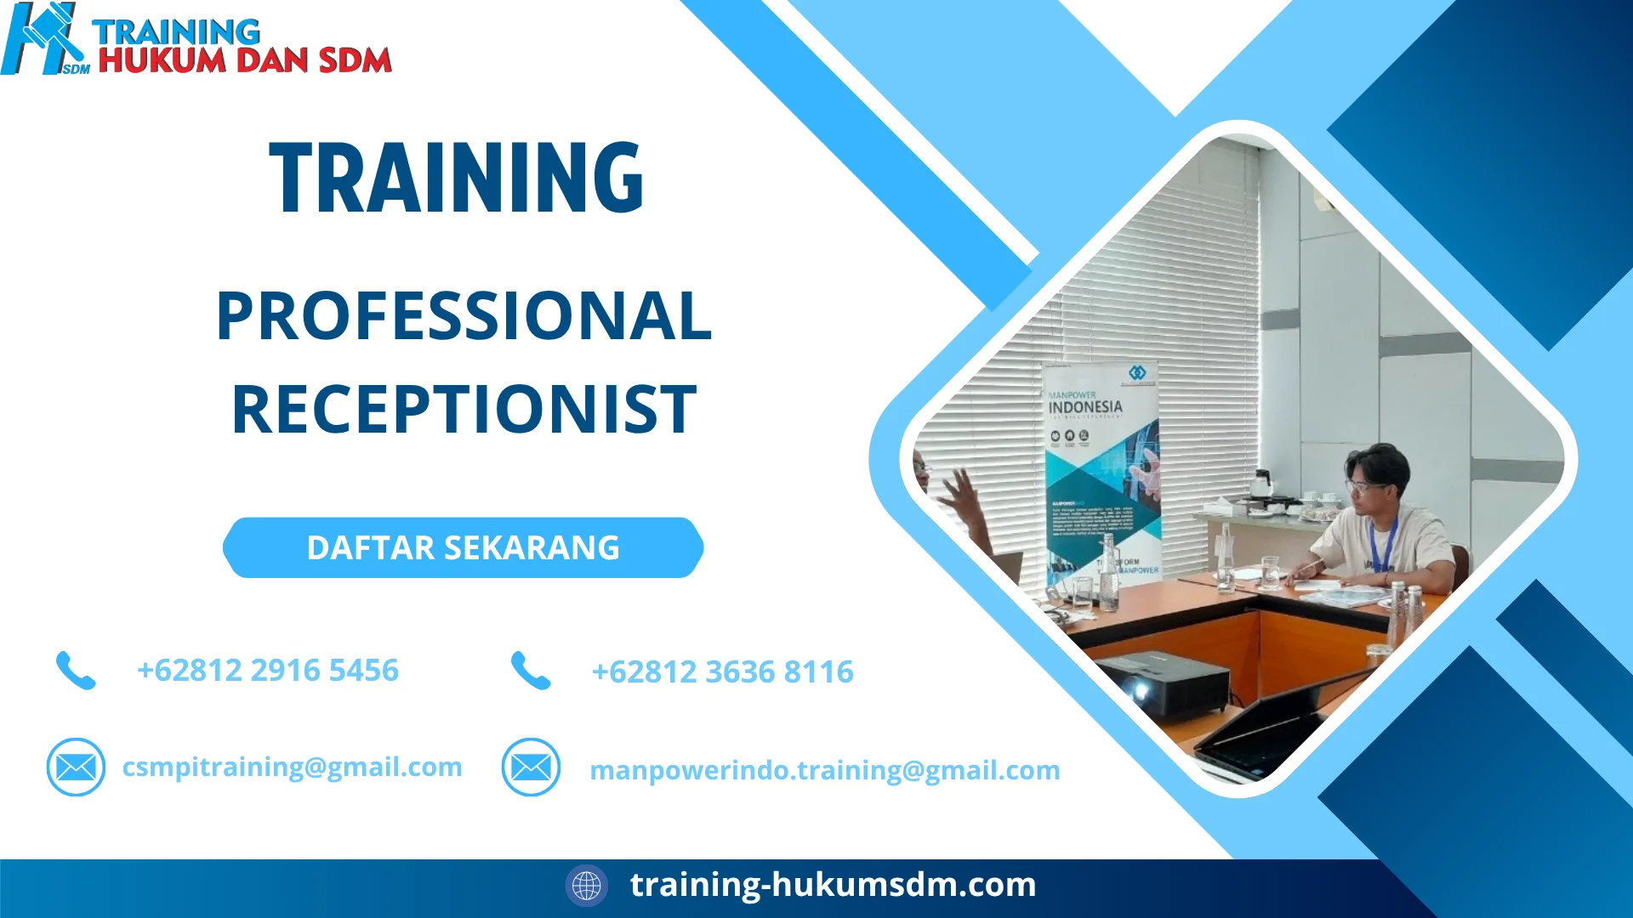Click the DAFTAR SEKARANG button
pos(463,548)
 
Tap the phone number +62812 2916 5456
pos(267,671)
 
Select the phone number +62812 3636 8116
pos(722,672)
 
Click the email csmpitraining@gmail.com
pos(292,767)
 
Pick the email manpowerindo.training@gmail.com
pos(824,770)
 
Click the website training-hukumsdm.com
pos(833,885)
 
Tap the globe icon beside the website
pos(586,886)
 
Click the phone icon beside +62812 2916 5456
pos(76,671)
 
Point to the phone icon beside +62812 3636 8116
pos(531,671)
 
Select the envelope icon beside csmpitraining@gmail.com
pos(76,768)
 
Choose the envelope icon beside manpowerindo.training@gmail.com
pos(531,768)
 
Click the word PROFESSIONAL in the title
pos(464,316)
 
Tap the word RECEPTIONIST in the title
pos(464,410)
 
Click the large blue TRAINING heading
pos(457,178)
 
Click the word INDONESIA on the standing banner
pos(1085,407)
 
